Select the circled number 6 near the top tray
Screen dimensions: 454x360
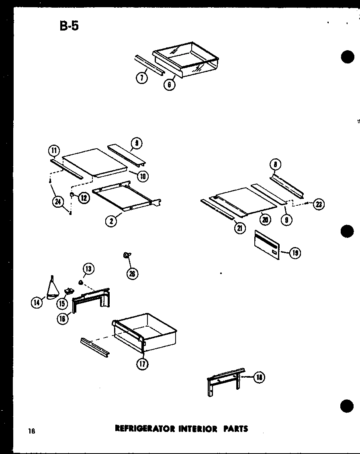170,85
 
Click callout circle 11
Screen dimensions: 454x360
54,151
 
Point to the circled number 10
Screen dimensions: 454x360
143,175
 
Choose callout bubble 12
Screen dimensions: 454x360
84,198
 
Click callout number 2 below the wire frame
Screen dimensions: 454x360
111,220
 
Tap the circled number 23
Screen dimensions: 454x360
319,205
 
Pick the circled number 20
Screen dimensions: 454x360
265,219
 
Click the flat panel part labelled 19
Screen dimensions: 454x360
267,245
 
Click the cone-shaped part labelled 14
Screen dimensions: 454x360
52,290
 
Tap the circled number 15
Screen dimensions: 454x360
62,304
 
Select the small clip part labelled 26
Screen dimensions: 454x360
126,255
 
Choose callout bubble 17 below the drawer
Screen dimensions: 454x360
142,364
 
